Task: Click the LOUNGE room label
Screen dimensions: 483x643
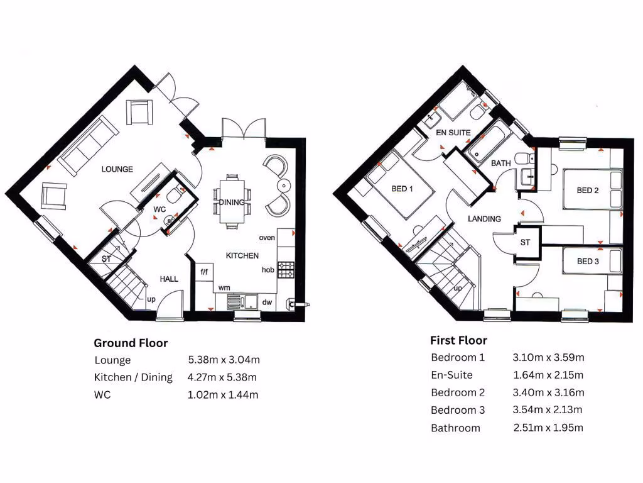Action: [117, 169]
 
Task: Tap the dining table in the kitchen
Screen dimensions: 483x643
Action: [232, 201]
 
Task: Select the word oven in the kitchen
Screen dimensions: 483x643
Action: [267, 238]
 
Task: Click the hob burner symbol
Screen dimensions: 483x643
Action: [286, 270]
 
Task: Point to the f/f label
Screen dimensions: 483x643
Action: [204, 272]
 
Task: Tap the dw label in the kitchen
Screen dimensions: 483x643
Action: [267, 303]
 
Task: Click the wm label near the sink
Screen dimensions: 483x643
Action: [224, 287]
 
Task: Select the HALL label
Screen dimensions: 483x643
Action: [169, 279]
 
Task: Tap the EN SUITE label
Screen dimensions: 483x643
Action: [453, 133]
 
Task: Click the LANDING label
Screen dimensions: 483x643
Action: [484, 219]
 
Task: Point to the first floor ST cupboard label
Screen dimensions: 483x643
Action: [525, 242]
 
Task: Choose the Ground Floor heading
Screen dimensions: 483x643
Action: [131, 343]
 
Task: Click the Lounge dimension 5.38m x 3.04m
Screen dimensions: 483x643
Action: [224, 360]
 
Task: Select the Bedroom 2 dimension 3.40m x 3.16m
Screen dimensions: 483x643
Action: [548, 393]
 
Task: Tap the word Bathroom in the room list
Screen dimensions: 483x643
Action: [455, 428]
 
